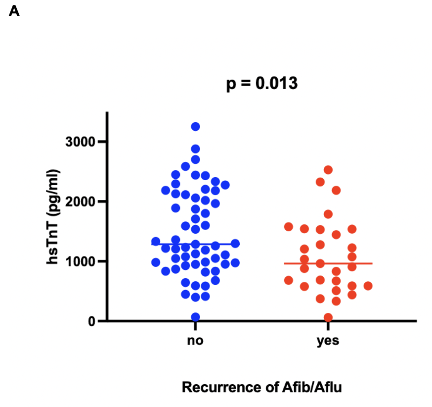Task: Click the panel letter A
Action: coord(14,11)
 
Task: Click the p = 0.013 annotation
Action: coord(262,84)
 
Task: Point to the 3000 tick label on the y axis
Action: coord(81,142)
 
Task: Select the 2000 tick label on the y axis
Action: coord(81,202)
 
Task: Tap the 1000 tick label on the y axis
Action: coord(81,261)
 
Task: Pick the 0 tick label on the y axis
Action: coord(92,321)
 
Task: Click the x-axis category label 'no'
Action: coord(196,341)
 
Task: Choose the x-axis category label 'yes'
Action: coord(328,341)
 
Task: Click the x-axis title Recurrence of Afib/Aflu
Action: coord(261,387)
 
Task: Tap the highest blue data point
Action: coord(196,127)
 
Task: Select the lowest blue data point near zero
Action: coord(196,317)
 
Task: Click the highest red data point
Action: coord(328,170)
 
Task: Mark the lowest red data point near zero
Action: coord(328,317)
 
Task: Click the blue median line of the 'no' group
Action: coord(217,244)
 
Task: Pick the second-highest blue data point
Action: coord(196,149)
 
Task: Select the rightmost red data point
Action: coord(368,286)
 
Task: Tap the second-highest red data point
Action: coord(320,182)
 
